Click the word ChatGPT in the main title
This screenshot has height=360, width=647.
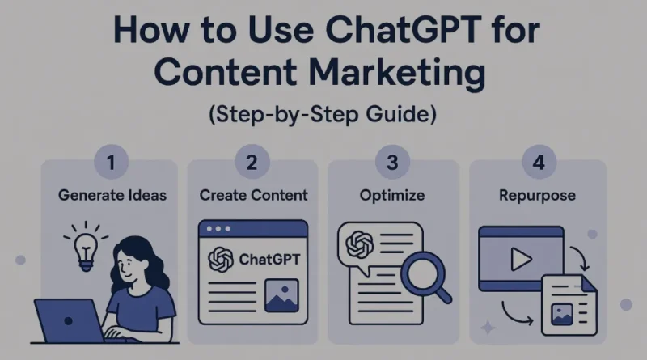[x=403, y=30]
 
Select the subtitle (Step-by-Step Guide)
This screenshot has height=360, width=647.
[x=323, y=114]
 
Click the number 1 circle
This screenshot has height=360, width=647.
[x=111, y=162]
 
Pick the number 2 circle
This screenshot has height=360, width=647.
[x=252, y=162]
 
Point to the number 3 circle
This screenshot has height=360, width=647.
[x=392, y=162]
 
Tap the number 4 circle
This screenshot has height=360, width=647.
[x=539, y=162]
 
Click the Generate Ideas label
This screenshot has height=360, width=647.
[x=112, y=195]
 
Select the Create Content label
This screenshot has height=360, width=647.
[x=253, y=195]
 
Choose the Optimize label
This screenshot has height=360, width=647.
[x=392, y=196]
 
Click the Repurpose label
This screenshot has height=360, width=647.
[x=537, y=196]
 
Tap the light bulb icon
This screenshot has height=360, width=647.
[x=86, y=247]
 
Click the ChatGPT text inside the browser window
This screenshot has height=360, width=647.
[x=269, y=259]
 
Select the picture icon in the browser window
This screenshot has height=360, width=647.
[x=281, y=295]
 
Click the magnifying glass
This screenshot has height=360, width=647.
[x=425, y=277]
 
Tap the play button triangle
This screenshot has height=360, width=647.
[x=521, y=259]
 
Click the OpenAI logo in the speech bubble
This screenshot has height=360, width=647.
[x=359, y=244]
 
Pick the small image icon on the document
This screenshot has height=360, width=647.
[x=561, y=314]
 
